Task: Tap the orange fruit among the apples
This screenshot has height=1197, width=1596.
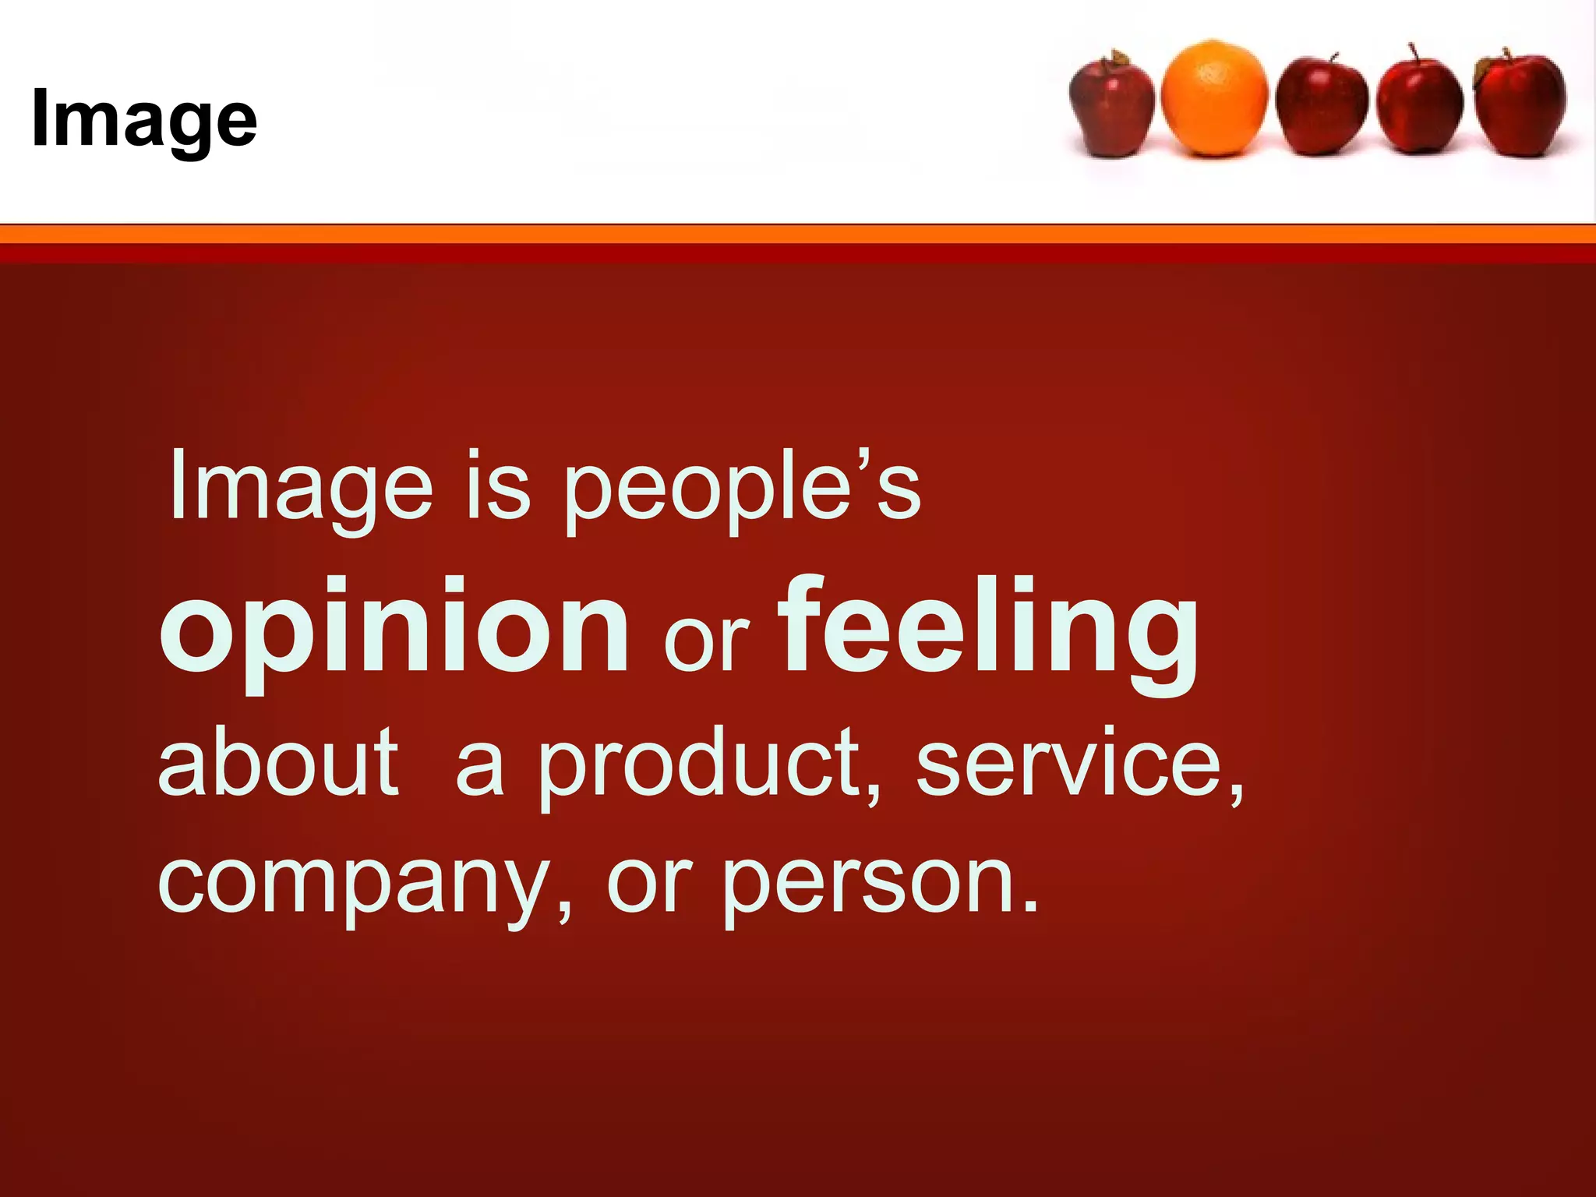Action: point(1214,98)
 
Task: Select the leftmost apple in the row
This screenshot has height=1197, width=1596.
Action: point(1112,105)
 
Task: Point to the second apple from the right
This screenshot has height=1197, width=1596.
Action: point(1420,105)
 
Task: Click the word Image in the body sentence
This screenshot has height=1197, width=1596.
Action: point(301,486)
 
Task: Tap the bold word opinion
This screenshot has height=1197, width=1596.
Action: point(394,628)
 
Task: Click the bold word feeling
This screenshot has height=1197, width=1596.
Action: point(990,628)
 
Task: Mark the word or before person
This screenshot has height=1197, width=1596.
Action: point(648,884)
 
